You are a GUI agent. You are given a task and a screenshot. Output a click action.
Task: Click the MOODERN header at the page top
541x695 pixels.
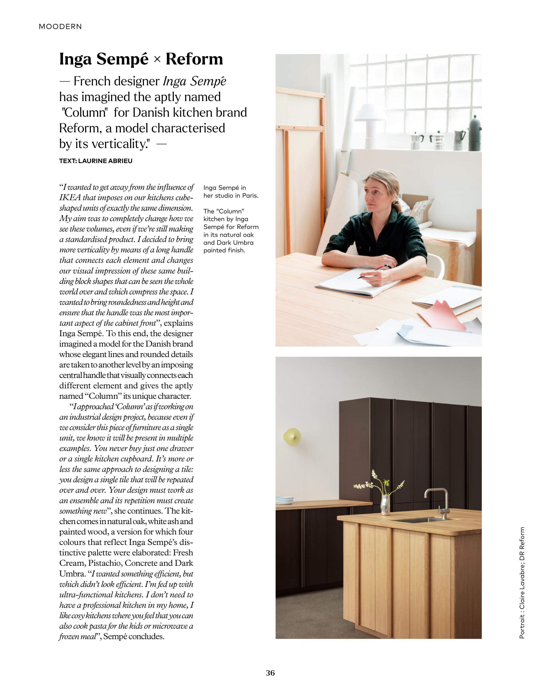click(60, 27)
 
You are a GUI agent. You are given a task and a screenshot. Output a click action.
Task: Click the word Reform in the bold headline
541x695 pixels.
click(194, 59)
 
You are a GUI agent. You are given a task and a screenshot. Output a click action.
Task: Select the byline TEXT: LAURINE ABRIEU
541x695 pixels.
click(95, 161)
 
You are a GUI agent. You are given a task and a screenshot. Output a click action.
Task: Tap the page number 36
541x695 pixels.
click(270, 673)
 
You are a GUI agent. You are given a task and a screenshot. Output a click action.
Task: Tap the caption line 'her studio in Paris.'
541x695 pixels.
click(231, 196)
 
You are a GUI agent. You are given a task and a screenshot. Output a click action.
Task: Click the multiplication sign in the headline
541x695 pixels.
click(157, 60)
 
